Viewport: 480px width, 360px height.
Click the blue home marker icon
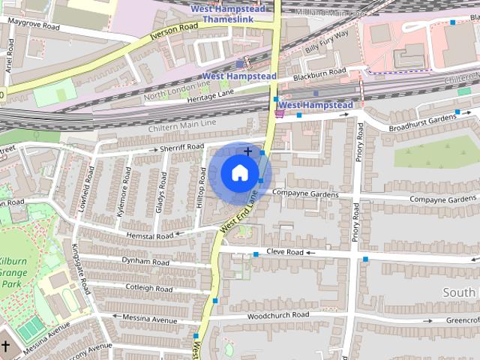click(238, 173)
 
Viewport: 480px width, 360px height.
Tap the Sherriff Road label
click(181, 148)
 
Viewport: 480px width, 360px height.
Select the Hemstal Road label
click(149, 235)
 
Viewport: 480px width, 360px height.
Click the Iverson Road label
click(174, 30)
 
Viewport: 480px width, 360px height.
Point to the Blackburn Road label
click(320, 72)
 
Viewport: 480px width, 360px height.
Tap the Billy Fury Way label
click(327, 40)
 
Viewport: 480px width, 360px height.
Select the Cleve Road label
click(285, 253)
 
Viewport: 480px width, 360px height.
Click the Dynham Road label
click(146, 262)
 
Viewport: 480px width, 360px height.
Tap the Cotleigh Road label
click(148, 288)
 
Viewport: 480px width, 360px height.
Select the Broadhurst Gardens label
click(424, 118)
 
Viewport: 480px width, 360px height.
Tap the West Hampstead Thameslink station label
click(227, 13)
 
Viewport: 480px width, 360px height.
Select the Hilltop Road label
click(201, 187)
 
